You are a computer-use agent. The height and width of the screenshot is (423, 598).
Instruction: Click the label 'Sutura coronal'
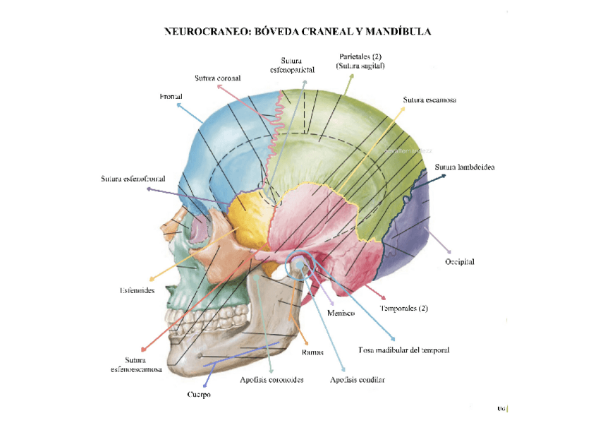[219, 78]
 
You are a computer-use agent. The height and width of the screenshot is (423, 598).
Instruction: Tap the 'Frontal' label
[171, 96]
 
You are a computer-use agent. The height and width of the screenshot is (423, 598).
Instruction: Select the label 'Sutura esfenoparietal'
[292, 65]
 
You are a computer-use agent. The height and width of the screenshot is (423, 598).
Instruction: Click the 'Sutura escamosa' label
[429, 100]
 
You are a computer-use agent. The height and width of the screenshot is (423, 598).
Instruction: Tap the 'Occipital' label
[459, 262]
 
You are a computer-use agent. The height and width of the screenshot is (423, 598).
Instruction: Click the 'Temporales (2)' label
[404, 309]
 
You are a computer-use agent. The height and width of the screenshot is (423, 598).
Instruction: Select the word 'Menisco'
[341, 313]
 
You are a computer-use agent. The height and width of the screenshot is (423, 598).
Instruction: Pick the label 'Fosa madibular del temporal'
[404, 350]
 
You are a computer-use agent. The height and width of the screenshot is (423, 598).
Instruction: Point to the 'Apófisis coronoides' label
[271, 380]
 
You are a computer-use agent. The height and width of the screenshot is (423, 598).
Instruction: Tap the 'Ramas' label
[312, 352]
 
